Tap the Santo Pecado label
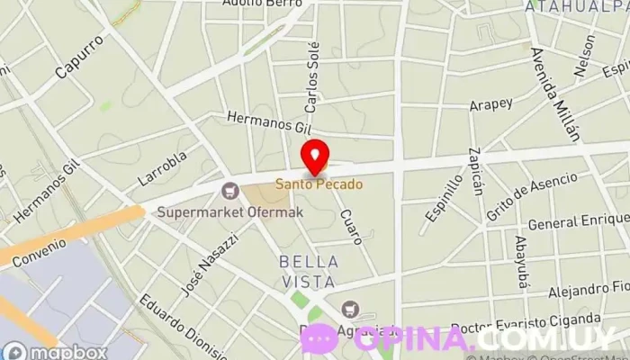(319, 184)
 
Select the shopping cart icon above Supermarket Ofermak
(230, 190)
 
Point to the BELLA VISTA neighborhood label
(309, 272)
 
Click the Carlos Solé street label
(311, 77)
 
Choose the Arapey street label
(490, 105)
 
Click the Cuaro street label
(351, 227)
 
